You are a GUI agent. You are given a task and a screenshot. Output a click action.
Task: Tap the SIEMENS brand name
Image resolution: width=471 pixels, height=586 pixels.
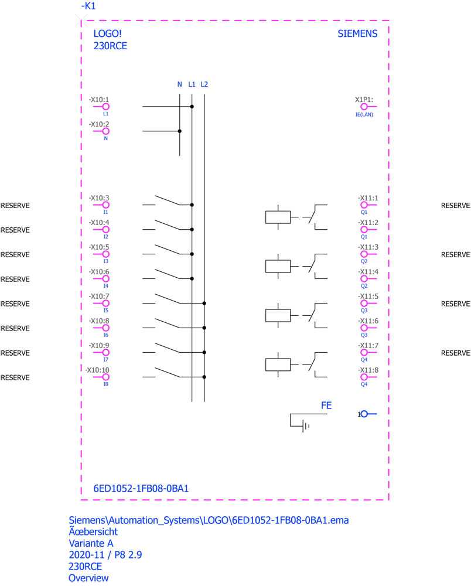tap(360, 34)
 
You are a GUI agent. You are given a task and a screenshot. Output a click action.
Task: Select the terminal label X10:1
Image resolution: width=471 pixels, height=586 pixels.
tap(97, 100)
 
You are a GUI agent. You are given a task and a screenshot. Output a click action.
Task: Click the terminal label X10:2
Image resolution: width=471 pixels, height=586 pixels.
tap(97, 124)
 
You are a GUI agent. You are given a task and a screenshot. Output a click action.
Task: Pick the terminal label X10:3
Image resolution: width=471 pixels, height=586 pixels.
tap(97, 197)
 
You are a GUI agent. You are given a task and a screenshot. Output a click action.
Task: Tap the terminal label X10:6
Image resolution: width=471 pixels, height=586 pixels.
tap(97, 271)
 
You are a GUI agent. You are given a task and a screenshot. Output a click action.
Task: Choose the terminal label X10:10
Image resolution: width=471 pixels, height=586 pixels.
tap(97, 370)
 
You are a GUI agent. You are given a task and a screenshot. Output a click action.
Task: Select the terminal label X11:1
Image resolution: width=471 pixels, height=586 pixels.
tap(369, 197)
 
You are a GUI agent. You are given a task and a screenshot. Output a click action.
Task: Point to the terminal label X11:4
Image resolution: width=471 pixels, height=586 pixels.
tap(369, 271)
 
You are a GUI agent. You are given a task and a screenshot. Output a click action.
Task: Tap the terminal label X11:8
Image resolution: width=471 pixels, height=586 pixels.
tap(369, 370)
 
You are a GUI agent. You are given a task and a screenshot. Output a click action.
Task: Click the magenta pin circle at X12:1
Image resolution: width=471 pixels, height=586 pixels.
tap(364, 107)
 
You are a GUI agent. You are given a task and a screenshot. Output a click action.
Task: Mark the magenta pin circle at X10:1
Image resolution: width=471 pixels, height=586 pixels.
tap(105, 107)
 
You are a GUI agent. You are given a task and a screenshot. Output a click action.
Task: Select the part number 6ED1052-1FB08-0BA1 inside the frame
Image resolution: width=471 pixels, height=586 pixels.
tap(138, 488)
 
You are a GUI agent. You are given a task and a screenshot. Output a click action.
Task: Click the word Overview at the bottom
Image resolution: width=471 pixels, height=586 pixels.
tap(88, 578)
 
